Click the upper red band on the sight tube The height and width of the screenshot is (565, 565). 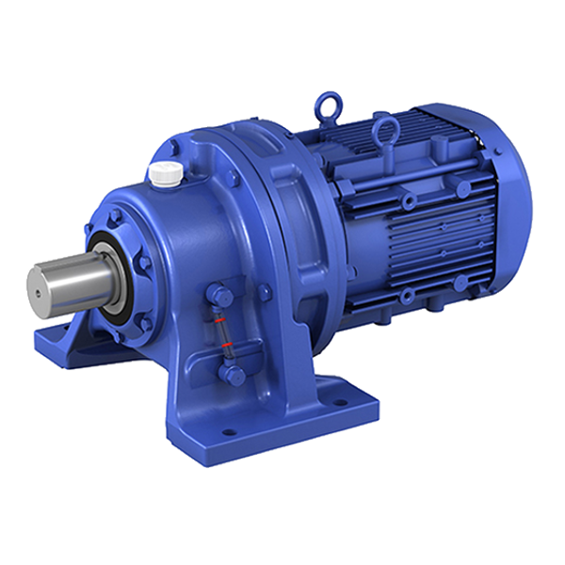[219, 322]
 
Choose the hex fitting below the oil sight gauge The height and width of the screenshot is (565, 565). [233, 376]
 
